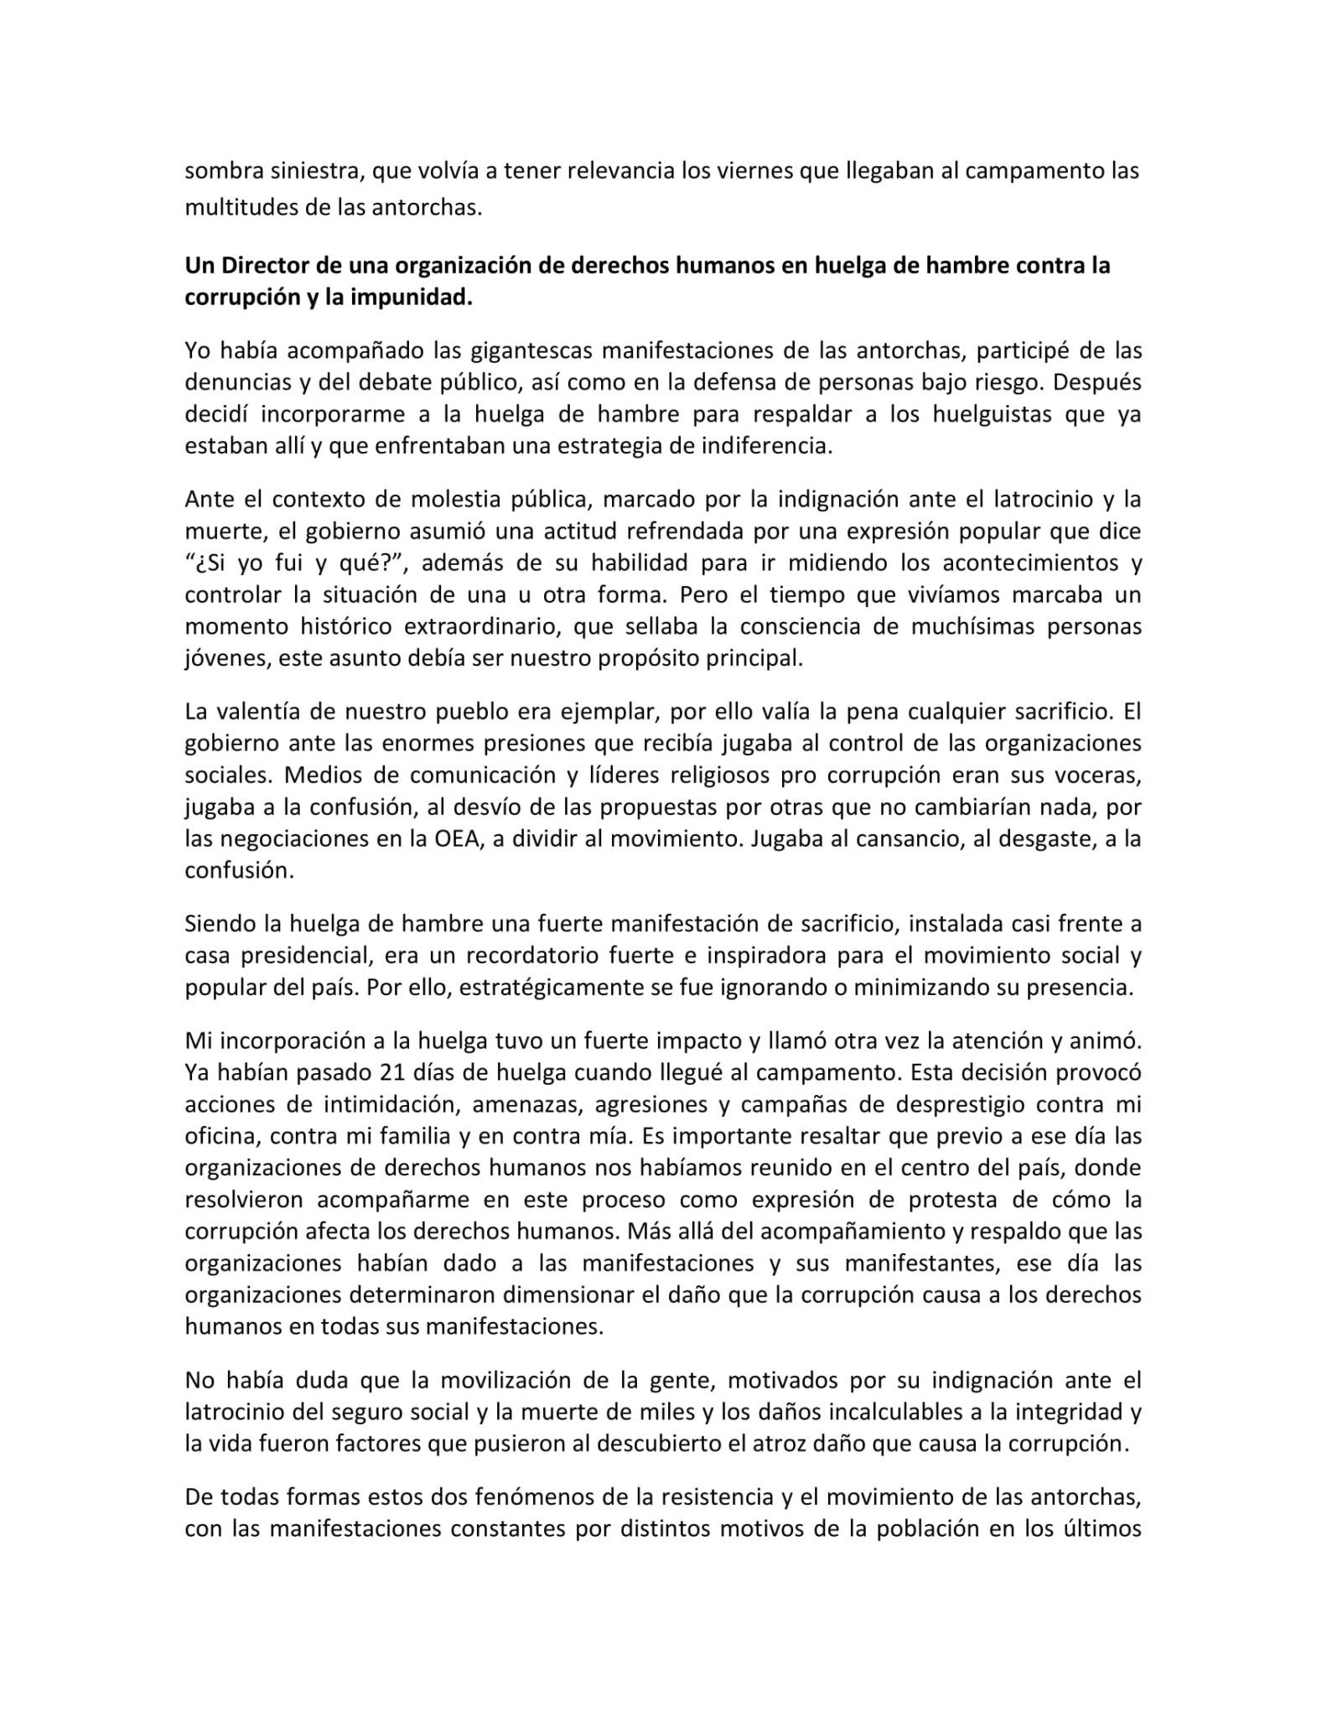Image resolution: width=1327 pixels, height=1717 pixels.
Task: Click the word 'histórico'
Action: coord(345,627)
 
